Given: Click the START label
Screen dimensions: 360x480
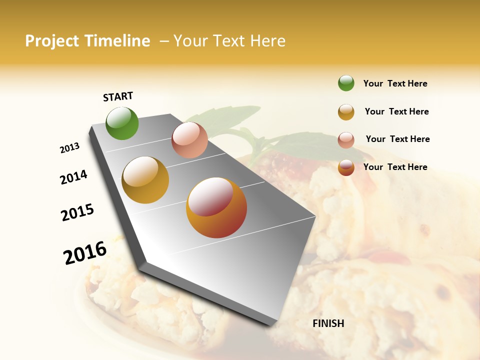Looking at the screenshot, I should click(x=118, y=96).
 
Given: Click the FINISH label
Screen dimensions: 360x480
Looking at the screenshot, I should click(x=328, y=323).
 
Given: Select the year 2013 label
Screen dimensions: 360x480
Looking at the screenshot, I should click(x=69, y=148).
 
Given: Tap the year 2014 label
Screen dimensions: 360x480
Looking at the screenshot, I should click(x=73, y=177).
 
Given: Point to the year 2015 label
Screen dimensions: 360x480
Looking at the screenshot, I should click(x=77, y=212).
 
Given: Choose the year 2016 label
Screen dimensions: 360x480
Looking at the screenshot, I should click(x=85, y=252).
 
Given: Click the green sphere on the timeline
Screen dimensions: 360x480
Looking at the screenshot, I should click(x=122, y=123).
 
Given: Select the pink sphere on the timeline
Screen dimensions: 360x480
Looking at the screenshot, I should click(x=189, y=140).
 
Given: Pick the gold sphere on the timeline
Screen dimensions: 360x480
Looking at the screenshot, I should click(x=145, y=180).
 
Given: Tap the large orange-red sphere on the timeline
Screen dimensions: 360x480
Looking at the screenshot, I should click(x=216, y=207).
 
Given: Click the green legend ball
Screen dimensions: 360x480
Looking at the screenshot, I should click(x=346, y=83).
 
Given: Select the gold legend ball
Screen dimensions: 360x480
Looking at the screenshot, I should click(x=346, y=112).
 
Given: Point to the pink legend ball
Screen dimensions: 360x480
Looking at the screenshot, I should click(x=346, y=140).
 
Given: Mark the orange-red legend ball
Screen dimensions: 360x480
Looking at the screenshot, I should click(x=346, y=167).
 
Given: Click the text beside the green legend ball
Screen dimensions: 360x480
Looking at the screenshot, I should click(x=395, y=83).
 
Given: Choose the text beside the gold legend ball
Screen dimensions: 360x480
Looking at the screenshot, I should click(x=396, y=111).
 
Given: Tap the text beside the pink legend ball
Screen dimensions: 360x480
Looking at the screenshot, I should click(x=397, y=139).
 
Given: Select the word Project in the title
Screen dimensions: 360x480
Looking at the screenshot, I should click(x=52, y=41).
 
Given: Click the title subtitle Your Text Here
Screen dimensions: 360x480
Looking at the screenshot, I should click(x=229, y=41).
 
